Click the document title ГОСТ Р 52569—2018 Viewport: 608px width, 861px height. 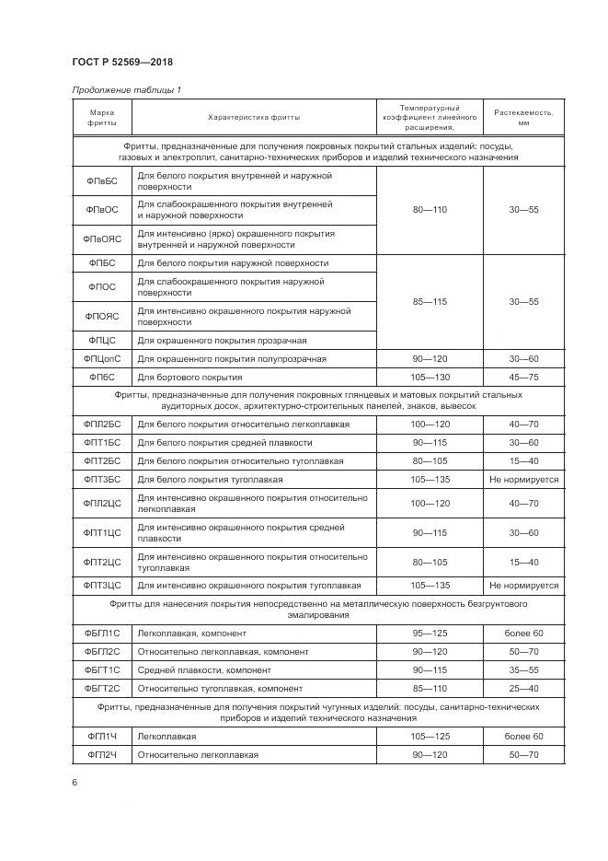(122, 62)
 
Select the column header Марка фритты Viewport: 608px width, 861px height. (102, 117)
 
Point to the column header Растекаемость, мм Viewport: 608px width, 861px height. (523, 117)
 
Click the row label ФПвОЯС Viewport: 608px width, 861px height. (102, 239)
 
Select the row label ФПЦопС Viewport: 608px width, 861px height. (102, 358)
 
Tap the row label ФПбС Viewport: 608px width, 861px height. (102, 377)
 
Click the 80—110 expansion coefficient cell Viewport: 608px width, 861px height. (430, 210)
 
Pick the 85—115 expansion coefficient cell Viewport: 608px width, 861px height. (430, 301)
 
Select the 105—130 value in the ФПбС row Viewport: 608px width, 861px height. (430, 377)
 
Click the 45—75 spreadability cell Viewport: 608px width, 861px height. (523, 377)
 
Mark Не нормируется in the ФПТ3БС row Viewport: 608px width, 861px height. (523, 479)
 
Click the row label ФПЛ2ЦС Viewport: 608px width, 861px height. (102, 503)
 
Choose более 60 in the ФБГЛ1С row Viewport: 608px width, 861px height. (523, 633)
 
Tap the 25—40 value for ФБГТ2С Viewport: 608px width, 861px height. (523, 688)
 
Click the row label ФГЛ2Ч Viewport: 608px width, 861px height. (102, 754)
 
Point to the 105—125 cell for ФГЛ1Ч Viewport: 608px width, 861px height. (430, 736)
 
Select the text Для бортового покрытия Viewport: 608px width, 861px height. (189, 377)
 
